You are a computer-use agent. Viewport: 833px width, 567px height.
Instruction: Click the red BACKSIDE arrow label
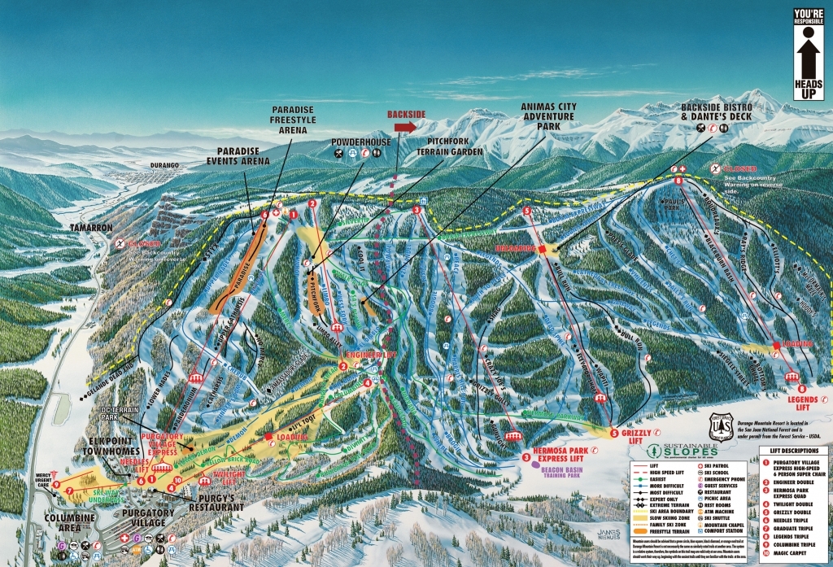402,127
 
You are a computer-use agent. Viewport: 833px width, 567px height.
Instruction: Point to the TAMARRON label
90,228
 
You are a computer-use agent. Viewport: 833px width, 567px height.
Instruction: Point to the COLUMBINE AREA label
64,518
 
